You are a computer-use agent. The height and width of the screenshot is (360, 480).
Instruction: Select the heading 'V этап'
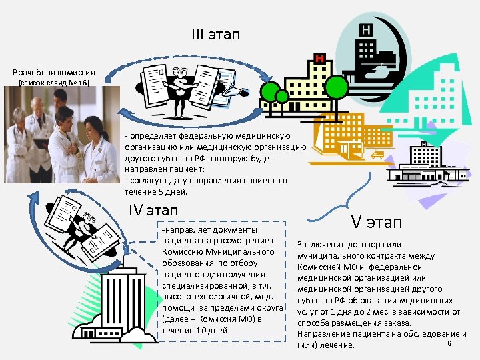click(x=377, y=222)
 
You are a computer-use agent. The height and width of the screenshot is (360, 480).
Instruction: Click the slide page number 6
click(x=450, y=343)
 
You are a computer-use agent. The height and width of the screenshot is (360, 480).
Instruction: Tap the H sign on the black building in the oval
click(x=365, y=30)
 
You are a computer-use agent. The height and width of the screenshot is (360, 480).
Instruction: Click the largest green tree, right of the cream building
click(x=337, y=86)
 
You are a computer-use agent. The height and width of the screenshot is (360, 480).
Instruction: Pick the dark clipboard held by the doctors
click(x=41, y=143)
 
